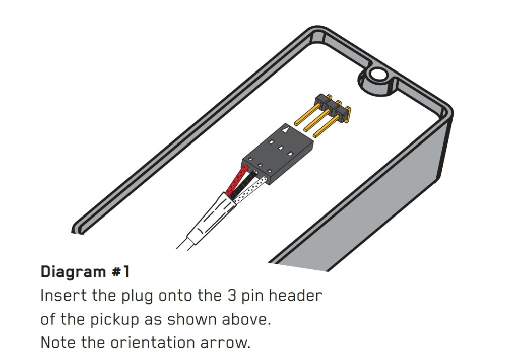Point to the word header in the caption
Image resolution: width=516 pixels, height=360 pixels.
295,295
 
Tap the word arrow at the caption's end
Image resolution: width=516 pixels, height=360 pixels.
225,343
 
